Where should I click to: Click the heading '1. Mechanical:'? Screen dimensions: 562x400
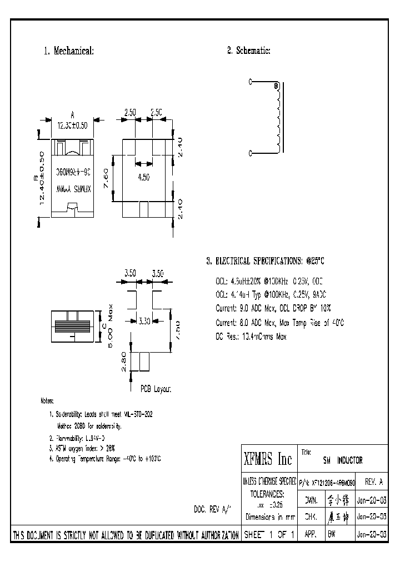69,51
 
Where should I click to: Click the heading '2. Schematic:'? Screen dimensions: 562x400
248,51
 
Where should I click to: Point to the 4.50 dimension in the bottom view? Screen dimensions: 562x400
143,178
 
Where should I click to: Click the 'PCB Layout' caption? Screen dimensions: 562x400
156,389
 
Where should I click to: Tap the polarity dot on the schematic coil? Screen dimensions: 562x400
276,86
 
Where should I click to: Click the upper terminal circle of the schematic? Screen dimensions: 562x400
251,82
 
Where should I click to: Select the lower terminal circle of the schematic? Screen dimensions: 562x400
251,153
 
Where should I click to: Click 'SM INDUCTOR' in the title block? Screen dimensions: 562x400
342,460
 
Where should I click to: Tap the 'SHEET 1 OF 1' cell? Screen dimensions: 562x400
269,535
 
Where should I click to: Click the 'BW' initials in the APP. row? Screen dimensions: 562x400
332,535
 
